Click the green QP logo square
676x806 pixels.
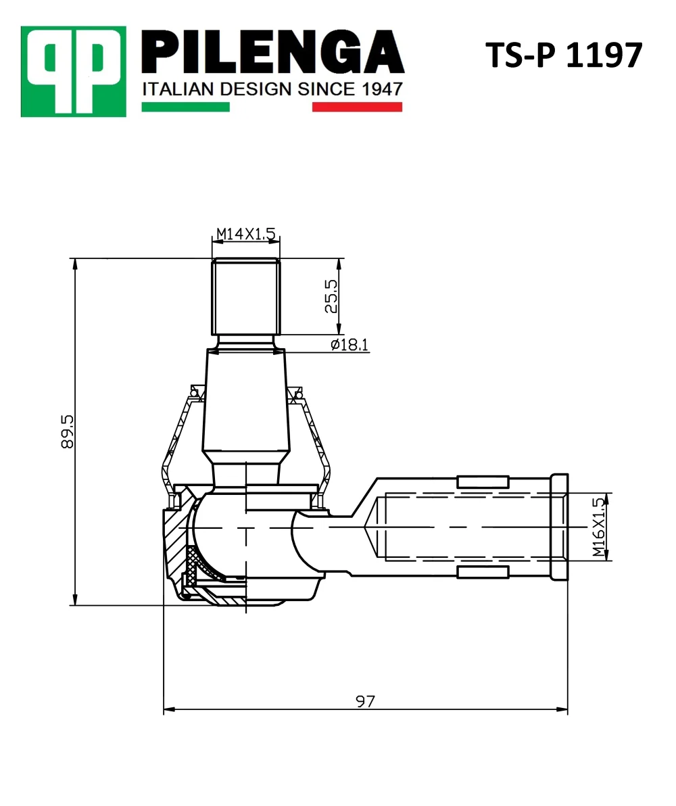click(74, 72)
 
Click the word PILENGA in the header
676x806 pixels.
click(272, 53)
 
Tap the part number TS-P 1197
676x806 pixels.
click(564, 55)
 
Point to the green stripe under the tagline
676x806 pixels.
click(186, 107)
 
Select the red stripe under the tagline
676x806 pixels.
click(358, 107)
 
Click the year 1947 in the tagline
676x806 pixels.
click(382, 89)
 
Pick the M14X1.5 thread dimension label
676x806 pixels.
click(245, 234)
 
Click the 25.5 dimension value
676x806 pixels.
click(331, 296)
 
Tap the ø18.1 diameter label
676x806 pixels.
click(349, 344)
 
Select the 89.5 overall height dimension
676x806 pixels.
click(68, 432)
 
